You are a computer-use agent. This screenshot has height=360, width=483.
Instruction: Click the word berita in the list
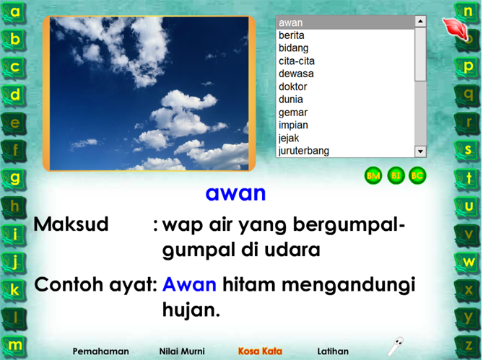292,35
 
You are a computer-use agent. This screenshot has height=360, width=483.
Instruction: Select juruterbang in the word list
304,151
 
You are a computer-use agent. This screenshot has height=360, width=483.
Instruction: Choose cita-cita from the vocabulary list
297,61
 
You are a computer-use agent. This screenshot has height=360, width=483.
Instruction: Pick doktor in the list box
293,87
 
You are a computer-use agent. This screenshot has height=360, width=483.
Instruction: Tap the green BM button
373,176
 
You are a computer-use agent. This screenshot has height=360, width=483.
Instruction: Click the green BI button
396,176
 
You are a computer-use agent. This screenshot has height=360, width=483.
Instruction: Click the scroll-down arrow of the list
420,152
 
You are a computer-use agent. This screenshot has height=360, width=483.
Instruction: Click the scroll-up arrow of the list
420,21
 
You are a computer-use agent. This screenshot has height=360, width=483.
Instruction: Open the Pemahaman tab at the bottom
101,351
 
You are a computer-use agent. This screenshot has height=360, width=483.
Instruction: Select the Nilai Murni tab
182,351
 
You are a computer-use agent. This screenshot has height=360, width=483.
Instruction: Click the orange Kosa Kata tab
260,351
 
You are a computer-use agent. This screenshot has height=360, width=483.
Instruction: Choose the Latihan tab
333,351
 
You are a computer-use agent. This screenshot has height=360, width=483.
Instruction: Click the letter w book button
468,263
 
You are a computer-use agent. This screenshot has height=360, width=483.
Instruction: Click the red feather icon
455,29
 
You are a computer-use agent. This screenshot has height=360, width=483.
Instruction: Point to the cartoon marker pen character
396,346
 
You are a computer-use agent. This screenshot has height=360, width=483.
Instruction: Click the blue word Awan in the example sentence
189,284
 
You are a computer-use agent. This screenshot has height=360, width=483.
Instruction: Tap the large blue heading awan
235,193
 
